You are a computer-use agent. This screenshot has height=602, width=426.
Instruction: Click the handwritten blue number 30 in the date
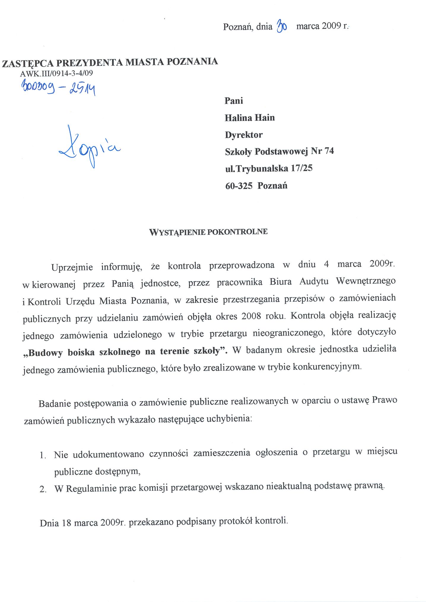coord(281,27)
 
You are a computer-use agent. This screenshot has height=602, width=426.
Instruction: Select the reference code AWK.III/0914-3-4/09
coord(56,73)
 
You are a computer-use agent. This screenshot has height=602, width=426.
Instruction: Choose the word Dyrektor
coord(244,135)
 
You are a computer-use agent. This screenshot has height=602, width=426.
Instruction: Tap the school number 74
coord(329,151)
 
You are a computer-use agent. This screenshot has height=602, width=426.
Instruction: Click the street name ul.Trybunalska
coord(257,168)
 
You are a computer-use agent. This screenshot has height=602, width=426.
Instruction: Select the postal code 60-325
coord(239,186)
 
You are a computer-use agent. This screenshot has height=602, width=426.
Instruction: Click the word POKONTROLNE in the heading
coord(237,232)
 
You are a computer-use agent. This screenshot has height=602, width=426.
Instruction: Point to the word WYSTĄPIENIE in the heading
coord(177,232)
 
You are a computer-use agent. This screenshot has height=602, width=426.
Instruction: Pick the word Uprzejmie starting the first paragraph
coord(72,267)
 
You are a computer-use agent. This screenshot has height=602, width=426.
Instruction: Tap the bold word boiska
coord(81,352)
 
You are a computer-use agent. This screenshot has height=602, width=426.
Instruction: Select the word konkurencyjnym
coord(327,367)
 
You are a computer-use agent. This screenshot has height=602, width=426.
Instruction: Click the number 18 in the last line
coord(66,523)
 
